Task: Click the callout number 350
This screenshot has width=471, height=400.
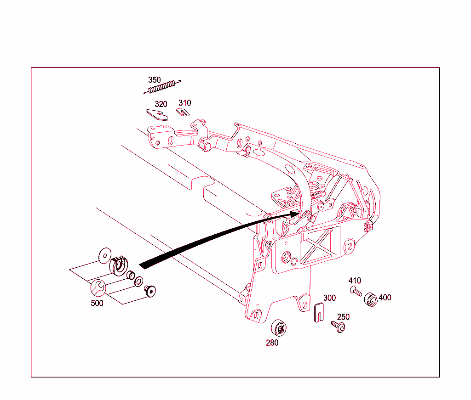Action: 155,80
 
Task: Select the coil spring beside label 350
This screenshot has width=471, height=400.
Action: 162,87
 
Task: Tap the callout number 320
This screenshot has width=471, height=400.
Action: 161,104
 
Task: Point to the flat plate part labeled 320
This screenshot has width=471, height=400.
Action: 156,114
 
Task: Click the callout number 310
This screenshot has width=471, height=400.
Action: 185,103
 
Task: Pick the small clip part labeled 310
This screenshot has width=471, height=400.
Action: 183,113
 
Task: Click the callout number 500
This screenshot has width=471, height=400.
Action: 97,303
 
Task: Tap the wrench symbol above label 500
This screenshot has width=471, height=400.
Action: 98,288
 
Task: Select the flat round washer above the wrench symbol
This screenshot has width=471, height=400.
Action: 105,256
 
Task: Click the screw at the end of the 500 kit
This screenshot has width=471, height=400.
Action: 150,291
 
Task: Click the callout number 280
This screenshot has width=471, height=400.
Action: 272,343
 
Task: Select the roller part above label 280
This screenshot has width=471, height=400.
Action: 278,328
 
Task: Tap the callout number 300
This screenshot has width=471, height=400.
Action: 329,298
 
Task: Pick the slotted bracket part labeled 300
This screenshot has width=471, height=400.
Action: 319,312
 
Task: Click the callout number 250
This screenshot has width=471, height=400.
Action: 343,317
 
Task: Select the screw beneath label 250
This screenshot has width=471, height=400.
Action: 338,327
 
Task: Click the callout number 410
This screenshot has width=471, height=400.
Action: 355,281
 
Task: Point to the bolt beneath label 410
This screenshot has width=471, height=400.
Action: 356,291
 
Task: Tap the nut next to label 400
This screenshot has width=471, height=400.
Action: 371,300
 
